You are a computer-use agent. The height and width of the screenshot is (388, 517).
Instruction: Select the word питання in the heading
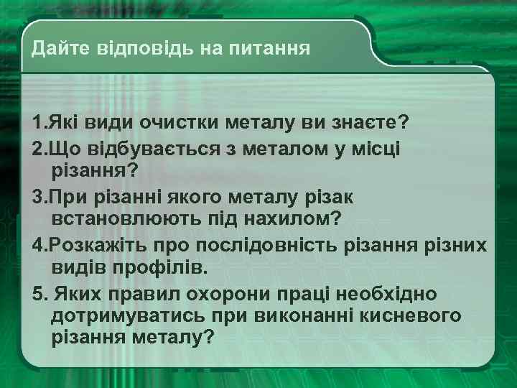tap(269, 50)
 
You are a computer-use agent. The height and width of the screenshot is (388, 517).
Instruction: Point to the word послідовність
tap(266, 244)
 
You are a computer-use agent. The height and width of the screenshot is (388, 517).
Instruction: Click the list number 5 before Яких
tap(37, 294)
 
